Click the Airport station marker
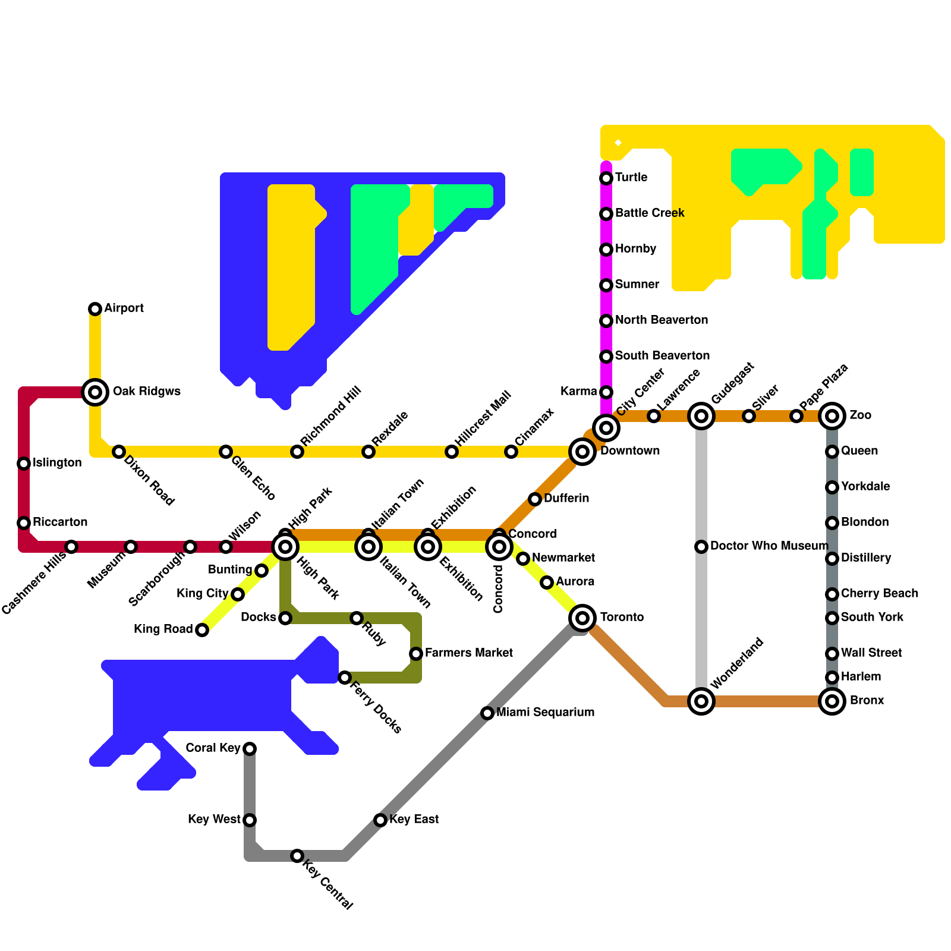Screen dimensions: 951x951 click(95, 309)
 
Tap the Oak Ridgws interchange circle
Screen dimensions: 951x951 click(95, 392)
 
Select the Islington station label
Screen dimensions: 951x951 click(57, 463)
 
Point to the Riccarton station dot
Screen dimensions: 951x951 click(24, 523)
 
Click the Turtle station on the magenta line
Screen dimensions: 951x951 click(606, 178)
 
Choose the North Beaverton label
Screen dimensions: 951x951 click(662, 320)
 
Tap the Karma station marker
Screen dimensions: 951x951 click(606, 392)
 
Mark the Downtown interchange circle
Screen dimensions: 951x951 click(582, 452)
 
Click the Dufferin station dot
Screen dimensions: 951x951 click(535, 499)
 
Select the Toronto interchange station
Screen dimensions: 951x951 click(582, 618)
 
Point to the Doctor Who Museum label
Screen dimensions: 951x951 click(769, 546)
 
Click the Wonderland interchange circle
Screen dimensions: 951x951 click(701, 701)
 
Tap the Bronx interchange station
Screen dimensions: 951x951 click(832, 701)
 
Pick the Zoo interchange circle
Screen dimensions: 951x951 click(832, 416)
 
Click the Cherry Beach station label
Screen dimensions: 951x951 click(880, 594)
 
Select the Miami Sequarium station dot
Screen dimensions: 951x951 click(487, 713)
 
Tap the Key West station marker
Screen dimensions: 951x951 click(250, 820)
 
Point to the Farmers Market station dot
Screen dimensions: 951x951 click(416, 654)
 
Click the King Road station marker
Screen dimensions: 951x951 click(202, 630)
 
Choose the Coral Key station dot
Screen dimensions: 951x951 click(250, 749)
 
